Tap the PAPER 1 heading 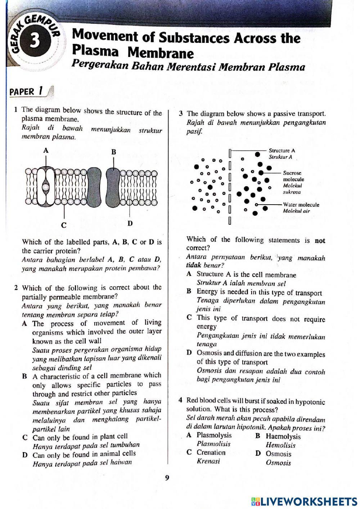(x=27, y=91)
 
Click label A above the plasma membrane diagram (x=46, y=151)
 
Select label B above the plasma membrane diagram (x=113, y=152)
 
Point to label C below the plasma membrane (x=64, y=226)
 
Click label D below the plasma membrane (x=130, y=223)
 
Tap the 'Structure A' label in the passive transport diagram (x=282, y=151)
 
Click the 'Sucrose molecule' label (x=293, y=176)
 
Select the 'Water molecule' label (x=301, y=205)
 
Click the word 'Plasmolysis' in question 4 (x=214, y=436)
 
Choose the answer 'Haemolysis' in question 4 (x=283, y=437)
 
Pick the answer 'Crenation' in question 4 (x=211, y=453)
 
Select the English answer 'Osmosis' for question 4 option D (x=278, y=454)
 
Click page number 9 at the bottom (x=167, y=478)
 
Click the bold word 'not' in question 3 (x=320, y=241)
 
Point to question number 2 (x=16, y=288)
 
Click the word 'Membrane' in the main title (x=161, y=53)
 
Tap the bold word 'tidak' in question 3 (x=194, y=265)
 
